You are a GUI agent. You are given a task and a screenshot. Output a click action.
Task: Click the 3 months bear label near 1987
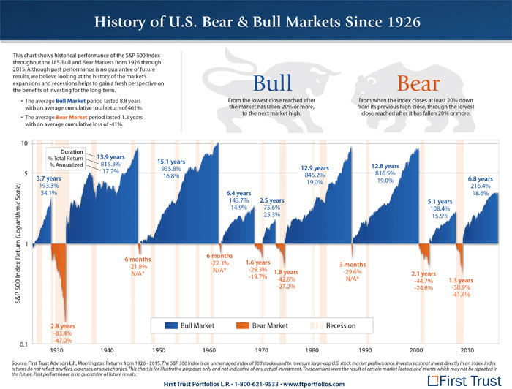(x=353, y=264)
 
